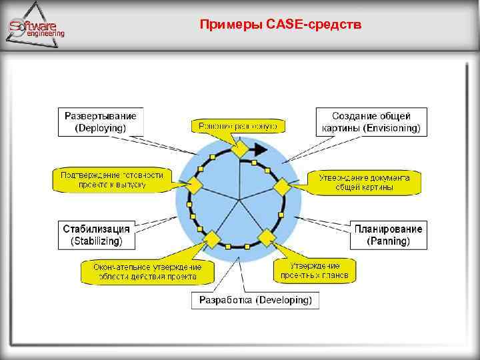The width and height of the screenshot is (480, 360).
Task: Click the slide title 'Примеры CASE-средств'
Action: [x=281, y=25]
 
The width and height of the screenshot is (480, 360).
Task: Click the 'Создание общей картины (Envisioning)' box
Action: [x=371, y=122]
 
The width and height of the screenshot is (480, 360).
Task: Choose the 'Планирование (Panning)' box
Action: [x=389, y=235]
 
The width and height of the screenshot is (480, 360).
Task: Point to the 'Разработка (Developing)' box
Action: [x=255, y=300]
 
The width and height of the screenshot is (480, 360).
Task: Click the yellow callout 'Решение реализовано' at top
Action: [x=237, y=125]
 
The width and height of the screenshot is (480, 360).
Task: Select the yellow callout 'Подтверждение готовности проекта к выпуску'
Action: [x=111, y=179]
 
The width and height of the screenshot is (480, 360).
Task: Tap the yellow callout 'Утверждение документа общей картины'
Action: [x=364, y=182]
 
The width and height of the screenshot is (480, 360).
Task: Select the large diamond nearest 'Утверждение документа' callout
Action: [x=283, y=186]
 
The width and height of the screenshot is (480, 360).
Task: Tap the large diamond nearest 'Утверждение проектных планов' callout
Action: [x=267, y=237]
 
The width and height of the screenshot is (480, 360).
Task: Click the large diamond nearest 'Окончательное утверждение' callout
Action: [x=212, y=238]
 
